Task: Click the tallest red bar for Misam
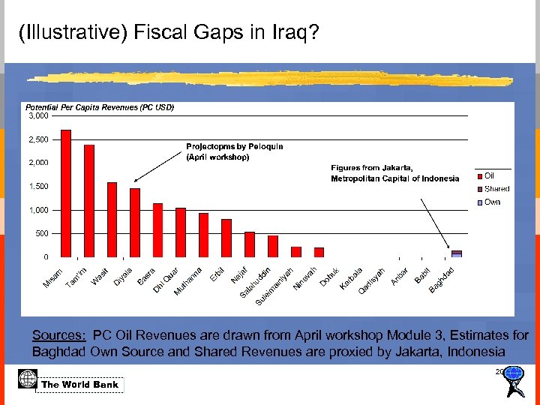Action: (x=66, y=193)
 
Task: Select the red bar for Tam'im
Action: (x=89, y=201)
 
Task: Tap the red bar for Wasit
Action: (x=112, y=220)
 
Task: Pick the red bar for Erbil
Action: (x=226, y=238)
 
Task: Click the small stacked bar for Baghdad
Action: (x=456, y=253)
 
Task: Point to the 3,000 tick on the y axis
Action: (x=38, y=116)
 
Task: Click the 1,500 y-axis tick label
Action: (x=38, y=187)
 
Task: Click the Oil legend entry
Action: (x=488, y=175)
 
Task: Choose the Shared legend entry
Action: (x=496, y=189)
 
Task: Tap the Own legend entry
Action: (x=491, y=202)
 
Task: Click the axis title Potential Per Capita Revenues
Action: (x=100, y=107)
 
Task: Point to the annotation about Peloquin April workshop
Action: (x=223, y=151)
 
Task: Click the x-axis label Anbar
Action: (x=399, y=276)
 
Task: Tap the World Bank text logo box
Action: (x=80, y=385)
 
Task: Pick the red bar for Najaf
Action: (x=250, y=244)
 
